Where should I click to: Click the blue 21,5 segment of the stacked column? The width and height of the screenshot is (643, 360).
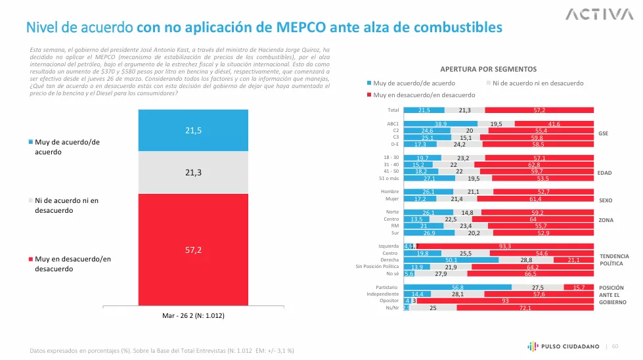pyautogui.click(x=192, y=130)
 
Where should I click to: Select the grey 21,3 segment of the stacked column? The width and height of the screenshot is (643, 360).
pyautogui.click(x=192, y=172)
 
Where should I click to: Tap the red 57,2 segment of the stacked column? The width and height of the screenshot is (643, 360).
pyautogui.click(x=192, y=250)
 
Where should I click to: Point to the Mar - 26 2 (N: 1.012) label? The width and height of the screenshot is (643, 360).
pyautogui.click(x=192, y=315)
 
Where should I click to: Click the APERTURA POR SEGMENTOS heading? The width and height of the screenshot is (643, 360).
pyautogui.click(x=488, y=69)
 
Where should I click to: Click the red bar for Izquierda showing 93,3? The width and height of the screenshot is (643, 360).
pyautogui.click(x=506, y=246)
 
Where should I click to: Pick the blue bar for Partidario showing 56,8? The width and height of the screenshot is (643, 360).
pyautogui.click(x=457, y=288)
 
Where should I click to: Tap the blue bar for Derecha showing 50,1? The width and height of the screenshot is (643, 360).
pyautogui.click(x=451, y=260)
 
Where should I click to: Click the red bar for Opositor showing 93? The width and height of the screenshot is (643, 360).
pyautogui.click(x=505, y=301)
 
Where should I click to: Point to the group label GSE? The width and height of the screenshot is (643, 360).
pyautogui.click(x=604, y=133)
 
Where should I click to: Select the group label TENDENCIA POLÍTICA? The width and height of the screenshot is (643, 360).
pyautogui.click(x=614, y=259)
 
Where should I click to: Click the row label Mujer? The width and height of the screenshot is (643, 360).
pyautogui.click(x=391, y=198)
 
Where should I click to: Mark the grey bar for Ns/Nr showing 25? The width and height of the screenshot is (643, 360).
pyautogui.click(x=433, y=307)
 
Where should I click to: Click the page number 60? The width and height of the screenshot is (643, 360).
pyautogui.click(x=615, y=346)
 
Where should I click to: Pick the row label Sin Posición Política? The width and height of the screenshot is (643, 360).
pyautogui.click(x=377, y=267)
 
